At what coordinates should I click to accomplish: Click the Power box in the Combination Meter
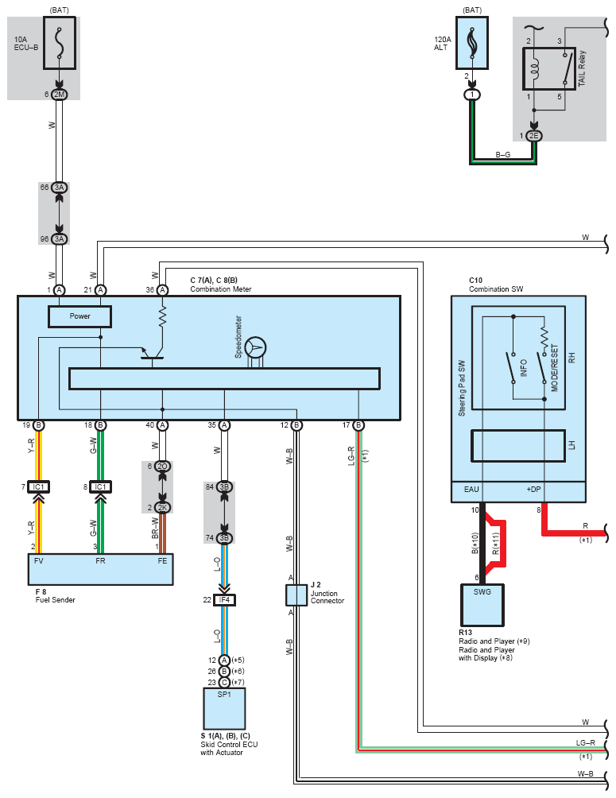[x=79, y=316]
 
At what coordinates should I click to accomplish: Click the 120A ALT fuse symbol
[x=474, y=44]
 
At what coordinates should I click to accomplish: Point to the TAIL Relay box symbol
[x=549, y=68]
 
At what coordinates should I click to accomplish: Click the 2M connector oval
[x=60, y=95]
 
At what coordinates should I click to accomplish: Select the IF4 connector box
[x=225, y=599]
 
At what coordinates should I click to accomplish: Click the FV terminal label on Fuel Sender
[x=37, y=560]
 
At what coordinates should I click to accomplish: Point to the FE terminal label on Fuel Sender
[x=162, y=560]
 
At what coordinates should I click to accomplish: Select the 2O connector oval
[x=162, y=466]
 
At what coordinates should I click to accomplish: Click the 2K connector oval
[x=162, y=507]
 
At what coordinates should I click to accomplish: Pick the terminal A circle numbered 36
[x=162, y=290]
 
